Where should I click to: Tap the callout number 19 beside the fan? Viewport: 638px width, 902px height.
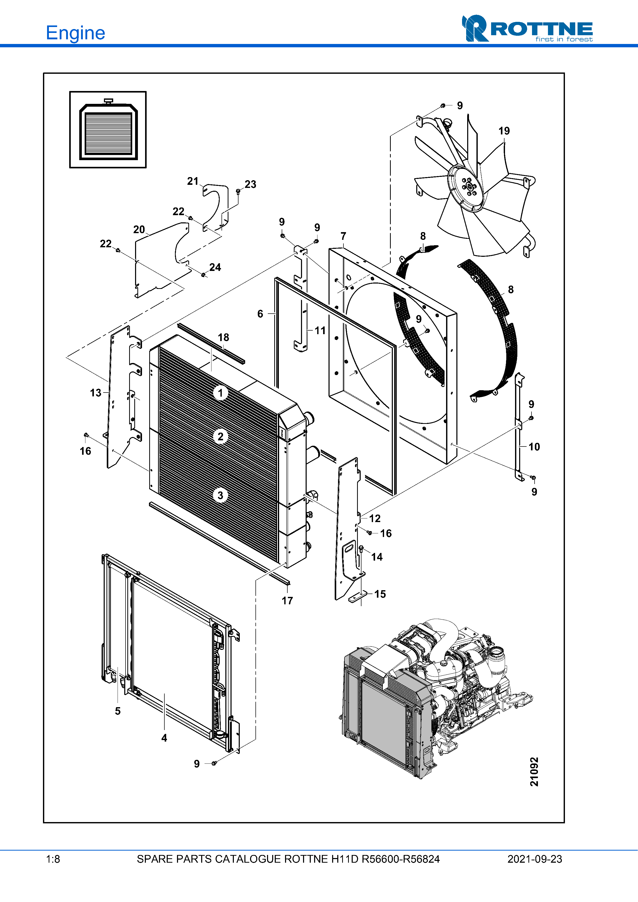click(504, 131)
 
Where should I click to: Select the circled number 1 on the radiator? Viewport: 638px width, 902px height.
click(220, 393)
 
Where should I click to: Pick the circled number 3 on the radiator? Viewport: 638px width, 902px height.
click(220, 495)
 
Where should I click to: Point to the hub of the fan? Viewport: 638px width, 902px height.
click(468, 186)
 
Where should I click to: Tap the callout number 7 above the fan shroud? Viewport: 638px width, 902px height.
click(343, 236)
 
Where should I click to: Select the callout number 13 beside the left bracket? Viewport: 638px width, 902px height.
click(95, 393)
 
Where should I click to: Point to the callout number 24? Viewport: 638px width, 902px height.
click(215, 267)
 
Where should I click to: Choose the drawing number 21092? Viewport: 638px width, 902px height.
click(534, 772)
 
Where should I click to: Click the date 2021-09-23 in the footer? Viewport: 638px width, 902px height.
click(535, 859)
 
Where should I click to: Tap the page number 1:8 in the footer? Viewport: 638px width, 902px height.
click(53, 859)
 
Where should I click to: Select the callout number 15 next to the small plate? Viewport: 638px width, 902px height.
click(380, 594)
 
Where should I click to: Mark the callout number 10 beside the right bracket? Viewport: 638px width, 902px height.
click(534, 447)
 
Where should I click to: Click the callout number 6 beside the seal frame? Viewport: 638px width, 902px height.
click(260, 314)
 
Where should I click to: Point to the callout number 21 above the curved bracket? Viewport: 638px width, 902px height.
click(193, 181)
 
